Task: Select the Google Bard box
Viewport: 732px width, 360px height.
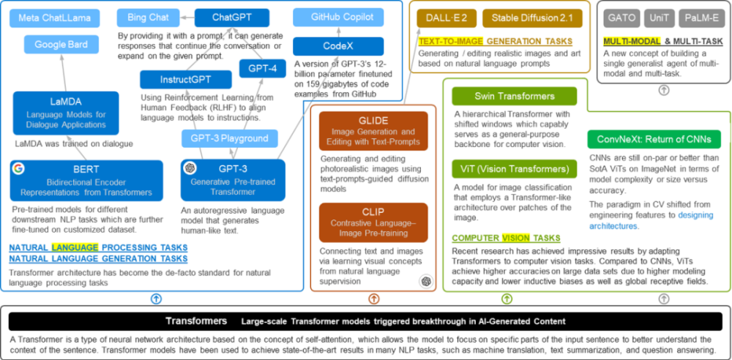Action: pos(60,44)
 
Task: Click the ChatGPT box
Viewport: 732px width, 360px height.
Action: pos(232,17)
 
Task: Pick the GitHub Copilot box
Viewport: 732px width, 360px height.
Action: pos(337,17)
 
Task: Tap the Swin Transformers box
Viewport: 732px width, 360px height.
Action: pos(514,96)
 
